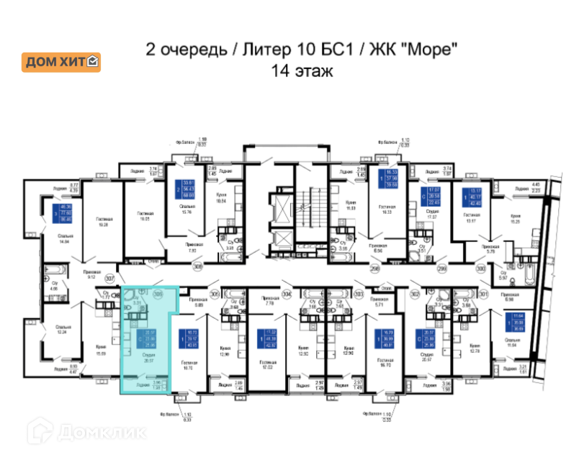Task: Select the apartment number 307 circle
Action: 110,278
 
